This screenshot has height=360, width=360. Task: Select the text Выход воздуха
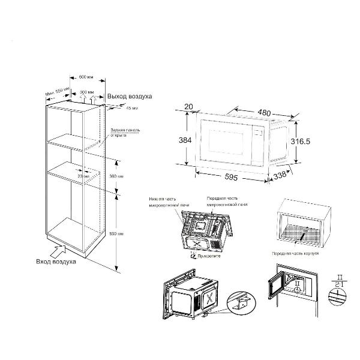click(130, 97)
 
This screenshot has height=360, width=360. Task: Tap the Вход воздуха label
click(56, 262)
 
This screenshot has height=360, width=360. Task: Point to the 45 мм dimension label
click(131, 108)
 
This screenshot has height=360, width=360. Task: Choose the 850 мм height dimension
click(121, 233)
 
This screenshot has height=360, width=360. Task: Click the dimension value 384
click(185, 139)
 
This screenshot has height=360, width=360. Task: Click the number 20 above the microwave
click(189, 107)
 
